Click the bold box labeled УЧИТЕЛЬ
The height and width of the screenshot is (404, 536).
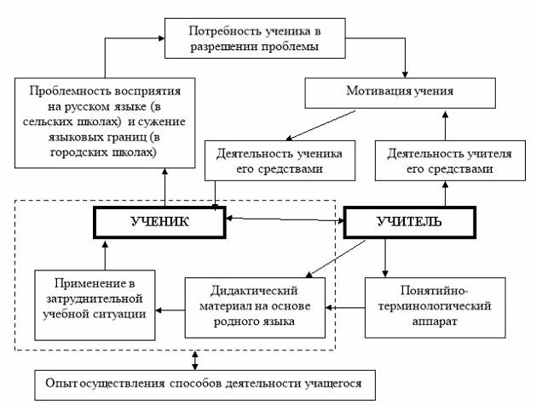pos(408,223)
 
